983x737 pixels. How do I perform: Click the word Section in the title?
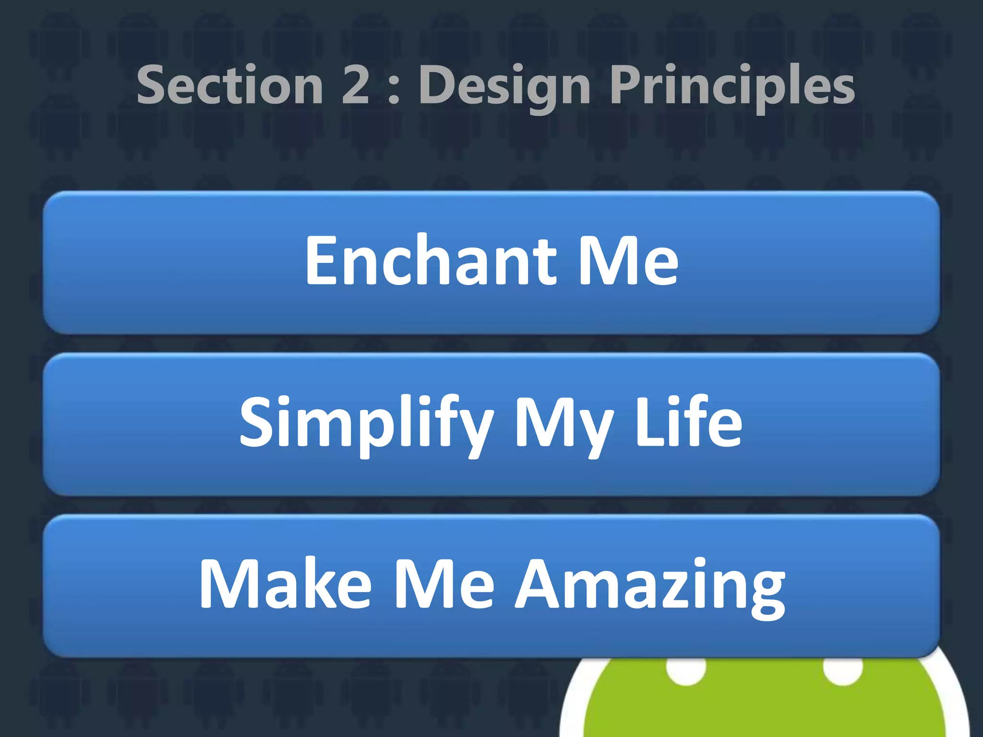coord(230,85)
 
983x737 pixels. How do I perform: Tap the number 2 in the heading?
coord(355,85)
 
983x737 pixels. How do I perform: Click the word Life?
coord(689,422)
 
